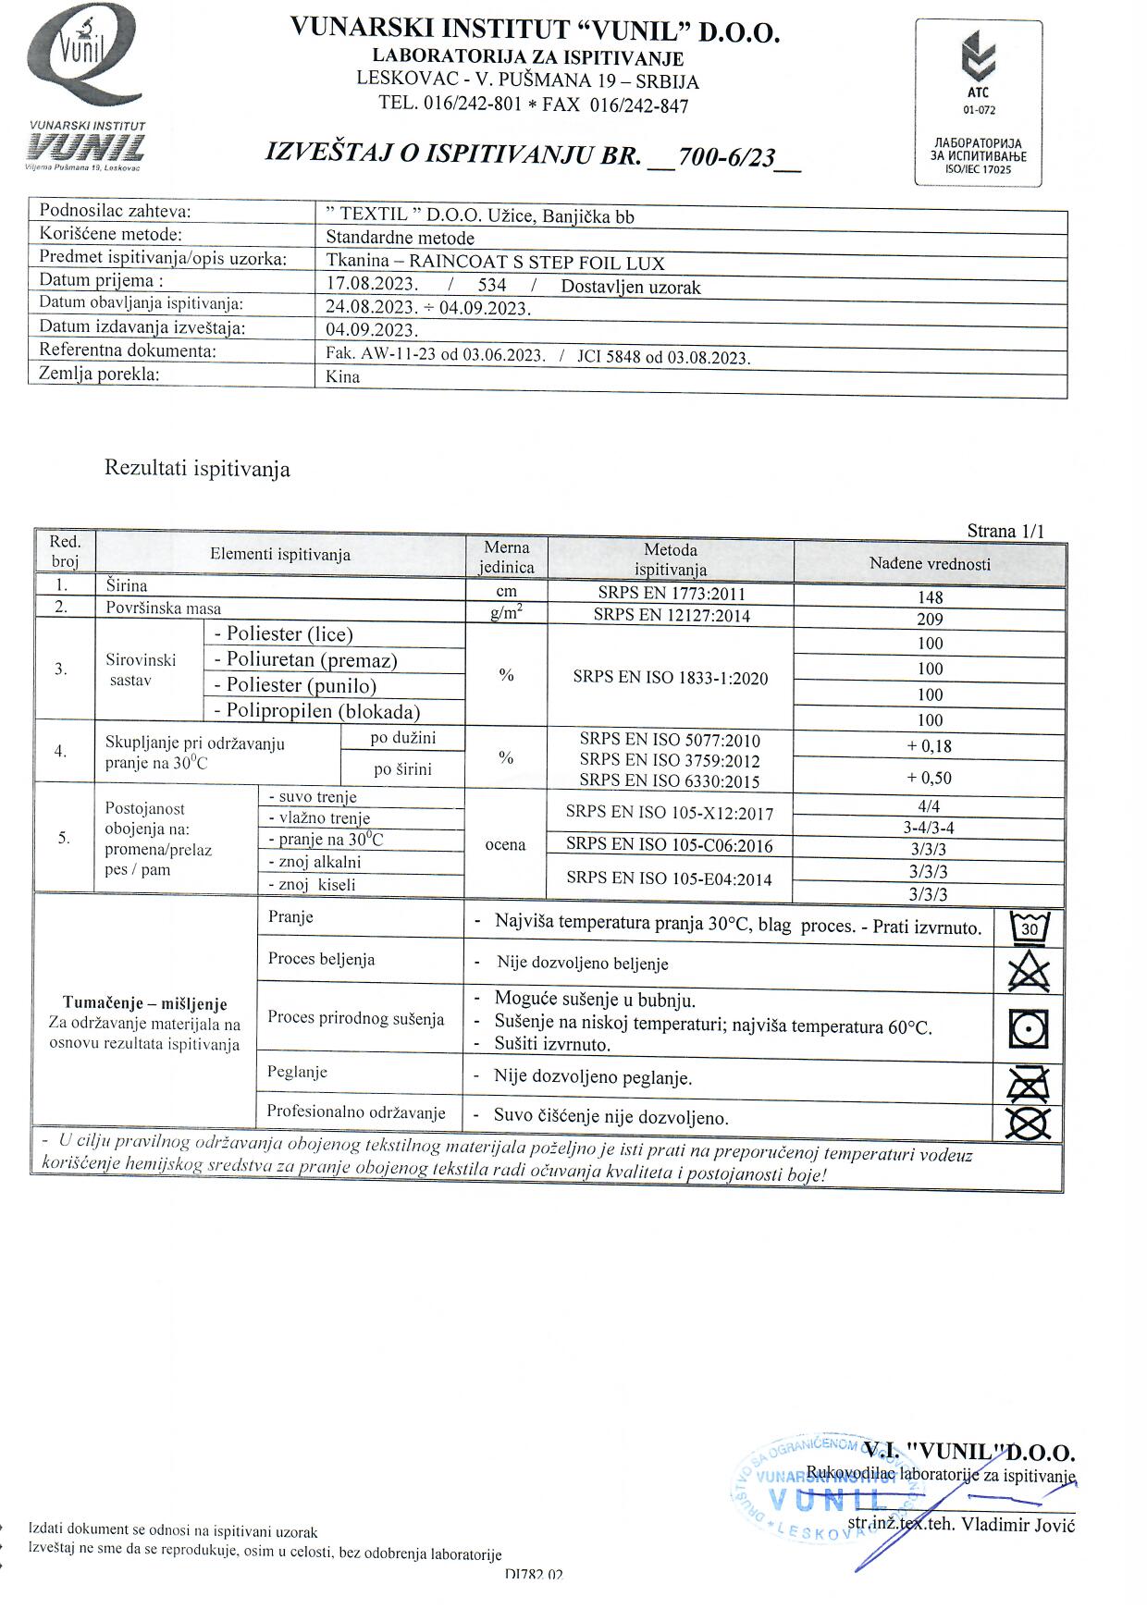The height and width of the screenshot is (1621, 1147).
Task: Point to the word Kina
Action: [343, 376]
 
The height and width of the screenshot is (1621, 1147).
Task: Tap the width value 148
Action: [930, 597]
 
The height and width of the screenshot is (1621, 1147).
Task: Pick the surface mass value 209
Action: [930, 619]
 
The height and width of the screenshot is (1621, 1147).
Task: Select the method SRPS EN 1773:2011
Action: [671, 594]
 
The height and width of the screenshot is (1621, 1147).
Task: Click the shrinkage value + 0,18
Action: [930, 746]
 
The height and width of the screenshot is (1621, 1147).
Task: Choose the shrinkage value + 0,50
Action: [930, 778]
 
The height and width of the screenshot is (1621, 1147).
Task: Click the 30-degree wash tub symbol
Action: [1030, 927]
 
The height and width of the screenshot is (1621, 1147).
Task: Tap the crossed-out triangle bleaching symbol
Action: [1030, 972]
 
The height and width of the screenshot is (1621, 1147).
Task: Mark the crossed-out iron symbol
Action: [1029, 1083]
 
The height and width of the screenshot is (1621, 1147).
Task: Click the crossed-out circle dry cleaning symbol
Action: [1029, 1123]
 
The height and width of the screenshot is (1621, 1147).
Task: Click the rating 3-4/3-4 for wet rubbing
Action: [928, 828]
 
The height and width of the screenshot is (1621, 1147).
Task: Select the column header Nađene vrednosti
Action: [930, 563]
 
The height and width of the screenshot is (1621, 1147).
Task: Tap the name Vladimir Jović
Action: [1017, 1524]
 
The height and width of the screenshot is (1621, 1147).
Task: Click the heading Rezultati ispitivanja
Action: [197, 468]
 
